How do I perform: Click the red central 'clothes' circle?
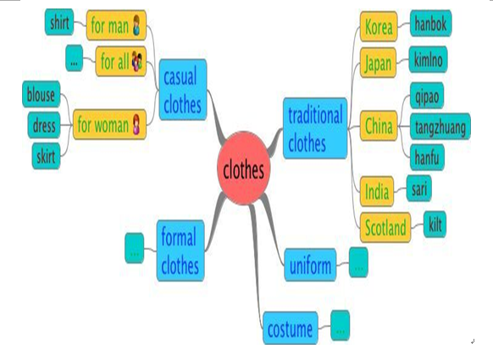click(x=243, y=169)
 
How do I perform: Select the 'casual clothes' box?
click(x=183, y=90)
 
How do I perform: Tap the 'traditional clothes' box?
click(x=315, y=128)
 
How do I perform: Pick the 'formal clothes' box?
click(x=180, y=251)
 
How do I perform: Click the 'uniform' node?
click(x=310, y=265)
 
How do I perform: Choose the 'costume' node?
click(x=291, y=328)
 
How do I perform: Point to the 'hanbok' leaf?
click(x=431, y=23)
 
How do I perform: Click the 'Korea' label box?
click(x=379, y=26)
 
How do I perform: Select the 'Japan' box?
click(x=378, y=63)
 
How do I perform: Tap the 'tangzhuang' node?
click(x=440, y=127)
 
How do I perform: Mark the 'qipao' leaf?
click(x=427, y=96)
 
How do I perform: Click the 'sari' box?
click(x=418, y=188)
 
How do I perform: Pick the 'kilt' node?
click(x=435, y=224)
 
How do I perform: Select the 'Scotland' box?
click(x=385, y=227)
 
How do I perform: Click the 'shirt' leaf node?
click(x=59, y=22)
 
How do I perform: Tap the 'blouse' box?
click(x=42, y=94)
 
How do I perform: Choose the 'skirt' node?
click(x=46, y=156)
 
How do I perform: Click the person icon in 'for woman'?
click(x=136, y=125)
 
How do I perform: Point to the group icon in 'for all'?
click(x=137, y=61)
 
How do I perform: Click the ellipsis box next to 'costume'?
click(x=341, y=325)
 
